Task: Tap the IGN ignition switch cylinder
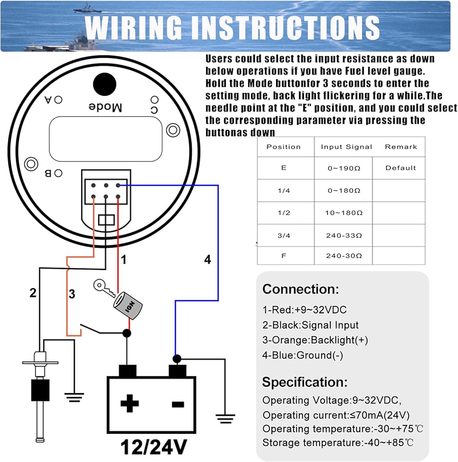[129, 306]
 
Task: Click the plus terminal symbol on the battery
[130, 404]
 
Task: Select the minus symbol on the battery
[178, 404]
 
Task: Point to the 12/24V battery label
[154, 447]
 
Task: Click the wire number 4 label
[208, 260]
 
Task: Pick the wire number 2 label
[33, 292]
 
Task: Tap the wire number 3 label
[72, 294]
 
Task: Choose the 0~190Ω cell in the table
[343, 168]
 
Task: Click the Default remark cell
[400, 168]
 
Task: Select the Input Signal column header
[346, 147]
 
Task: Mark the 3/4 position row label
[283, 235]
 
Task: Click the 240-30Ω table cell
[343, 255]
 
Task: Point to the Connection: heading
[301, 290]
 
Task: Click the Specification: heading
[305, 382]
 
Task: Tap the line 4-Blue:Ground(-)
[302, 355]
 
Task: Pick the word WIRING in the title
[138, 27]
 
